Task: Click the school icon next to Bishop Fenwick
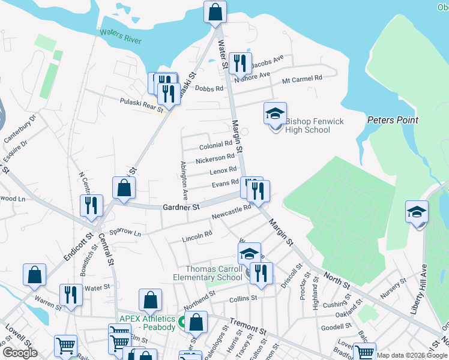pos(275,113)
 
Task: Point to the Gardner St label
pos(181,207)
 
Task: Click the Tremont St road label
pos(247,330)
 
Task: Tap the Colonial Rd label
pos(215,145)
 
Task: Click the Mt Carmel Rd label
pos(302,78)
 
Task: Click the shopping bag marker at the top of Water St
pos(214,12)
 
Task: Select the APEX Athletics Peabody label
pos(147,323)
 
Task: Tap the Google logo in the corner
pos(20,352)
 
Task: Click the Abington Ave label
pos(184,180)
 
